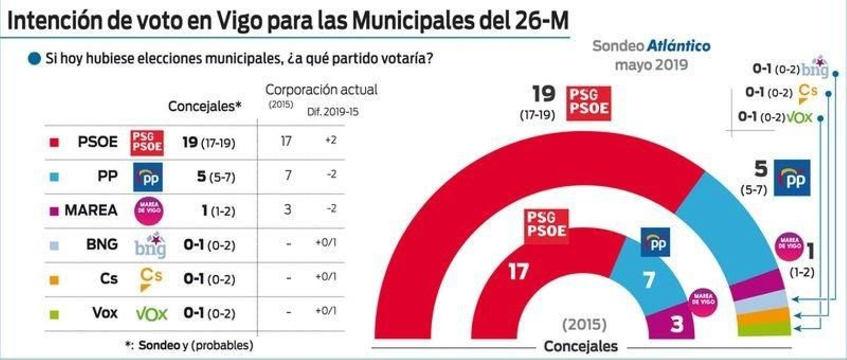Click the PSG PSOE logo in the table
(147, 142)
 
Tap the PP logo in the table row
(148, 177)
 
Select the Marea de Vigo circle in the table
(149, 210)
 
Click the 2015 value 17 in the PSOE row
(286, 141)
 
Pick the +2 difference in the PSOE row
(330, 140)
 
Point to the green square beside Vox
(53, 314)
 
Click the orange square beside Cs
(53, 280)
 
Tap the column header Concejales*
(204, 106)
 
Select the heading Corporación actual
(321, 89)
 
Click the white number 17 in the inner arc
(518, 272)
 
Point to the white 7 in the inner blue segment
(649, 280)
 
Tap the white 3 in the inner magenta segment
(677, 323)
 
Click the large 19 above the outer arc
(544, 94)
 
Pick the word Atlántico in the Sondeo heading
(679, 46)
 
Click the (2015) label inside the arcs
(584, 324)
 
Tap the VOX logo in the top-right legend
(799, 117)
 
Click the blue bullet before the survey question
(34, 58)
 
